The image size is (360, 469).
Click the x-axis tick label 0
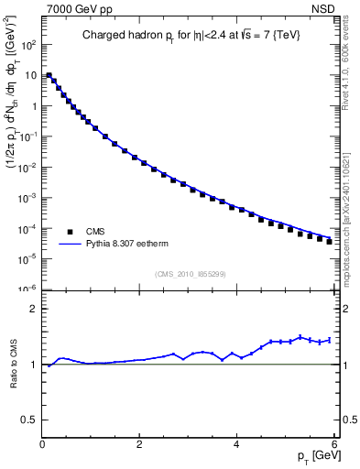point(42,444)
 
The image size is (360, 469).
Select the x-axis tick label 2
point(139,444)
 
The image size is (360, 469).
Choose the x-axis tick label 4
point(236,444)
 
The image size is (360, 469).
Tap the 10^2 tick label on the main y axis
point(27,44)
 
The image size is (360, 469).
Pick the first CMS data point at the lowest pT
point(49,75)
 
